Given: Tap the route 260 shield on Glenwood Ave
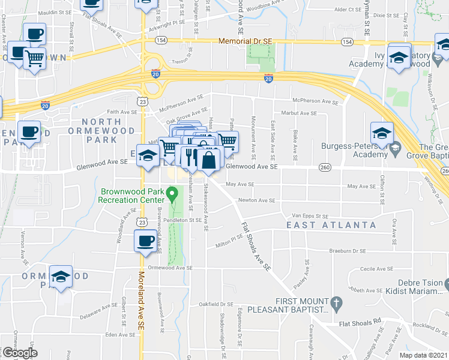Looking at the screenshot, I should click(325, 167).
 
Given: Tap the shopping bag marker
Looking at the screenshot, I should click(208, 160).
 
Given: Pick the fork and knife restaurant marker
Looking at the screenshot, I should click(190, 157).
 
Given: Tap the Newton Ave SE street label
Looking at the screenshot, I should click(256, 200).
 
